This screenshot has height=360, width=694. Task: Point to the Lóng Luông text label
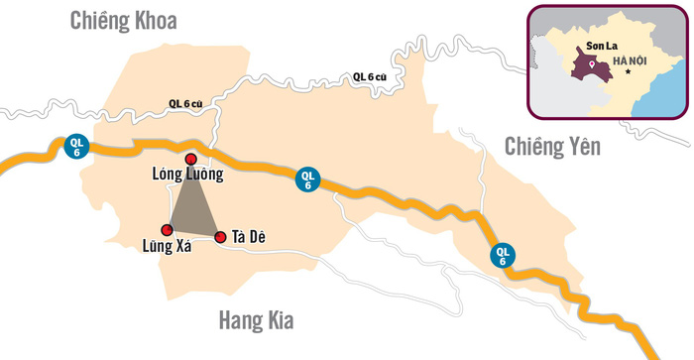pyautogui.click(x=188, y=176)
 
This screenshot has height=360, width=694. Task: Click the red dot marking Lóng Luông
pyautogui.click(x=191, y=158)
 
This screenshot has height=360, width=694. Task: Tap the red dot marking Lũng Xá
pyautogui.click(x=167, y=230)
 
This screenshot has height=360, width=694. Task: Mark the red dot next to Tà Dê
pyautogui.click(x=220, y=237)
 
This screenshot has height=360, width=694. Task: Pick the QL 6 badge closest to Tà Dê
pyautogui.click(x=307, y=180)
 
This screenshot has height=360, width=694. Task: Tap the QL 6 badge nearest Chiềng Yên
pyautogui.click(x=504, y=255)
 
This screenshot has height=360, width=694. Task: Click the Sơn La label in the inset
pyautogui.click(x=590, y=46)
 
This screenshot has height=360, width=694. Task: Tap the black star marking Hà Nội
pyautogui.click(x=627, y=75)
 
